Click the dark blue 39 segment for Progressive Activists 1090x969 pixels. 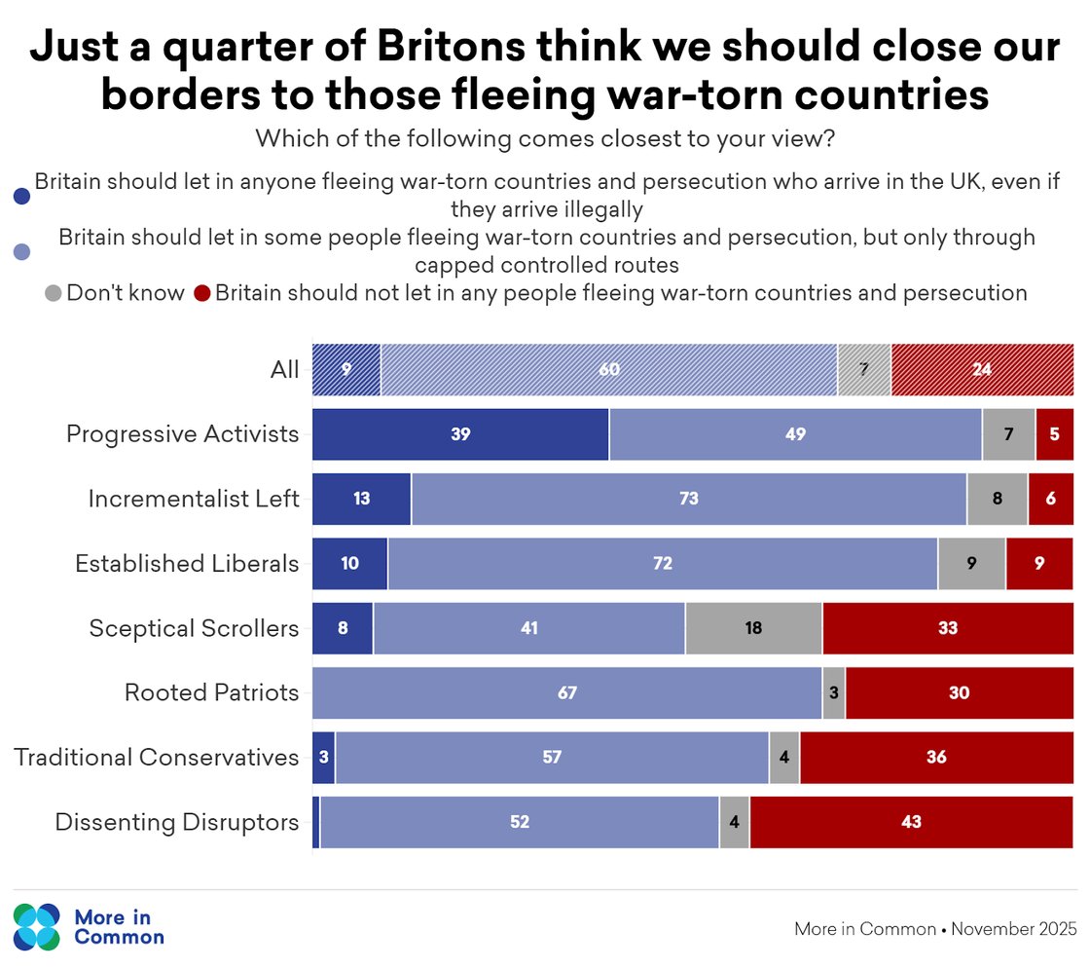[460, 434]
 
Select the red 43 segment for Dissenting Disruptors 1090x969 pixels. [911, 822]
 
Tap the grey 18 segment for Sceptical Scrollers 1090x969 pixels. [753, 628]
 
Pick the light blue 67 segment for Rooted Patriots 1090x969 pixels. [566, 693]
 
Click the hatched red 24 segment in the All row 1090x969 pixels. [982, 370]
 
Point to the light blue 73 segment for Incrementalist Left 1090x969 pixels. [689, 500]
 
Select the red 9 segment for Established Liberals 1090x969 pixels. [1039, 564]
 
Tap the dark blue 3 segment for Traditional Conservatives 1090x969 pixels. [323, 758]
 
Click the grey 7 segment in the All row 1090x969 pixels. [864, 370]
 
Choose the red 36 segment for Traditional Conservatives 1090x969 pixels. [936, 758]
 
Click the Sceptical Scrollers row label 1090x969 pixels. [194, 628]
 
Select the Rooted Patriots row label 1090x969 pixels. [211, 692]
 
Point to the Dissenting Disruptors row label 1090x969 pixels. [176, 822]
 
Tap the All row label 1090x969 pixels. [285, 370]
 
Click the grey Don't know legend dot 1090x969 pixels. [54, 293]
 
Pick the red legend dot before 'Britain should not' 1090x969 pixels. [202, 293]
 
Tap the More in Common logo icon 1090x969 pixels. [37, 927]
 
